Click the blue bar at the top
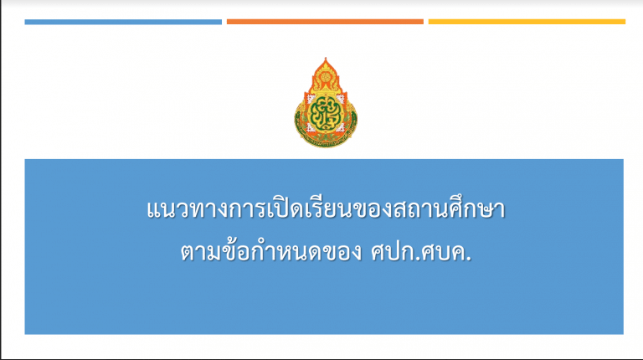[123, 22]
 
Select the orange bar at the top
[325, 22]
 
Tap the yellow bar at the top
[527, 22]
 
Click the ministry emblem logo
[326, 102]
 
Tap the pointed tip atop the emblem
[326, 59]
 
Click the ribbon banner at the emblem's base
[326, 141]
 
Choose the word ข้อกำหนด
[272, 250]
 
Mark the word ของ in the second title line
[342, 253]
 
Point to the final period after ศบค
[469, 260]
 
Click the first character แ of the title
[155, 210]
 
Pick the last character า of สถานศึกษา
[500, 210]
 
